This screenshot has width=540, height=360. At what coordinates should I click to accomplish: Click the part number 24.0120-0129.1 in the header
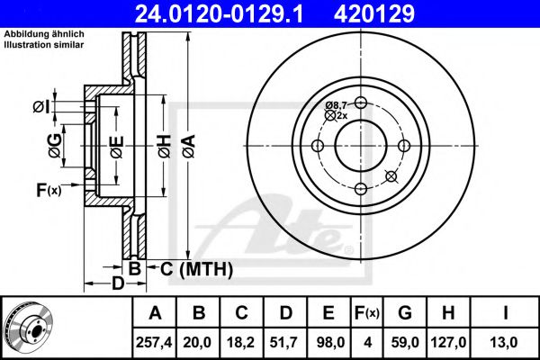pos(219,14)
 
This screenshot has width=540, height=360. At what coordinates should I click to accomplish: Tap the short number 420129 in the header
pos(374,14)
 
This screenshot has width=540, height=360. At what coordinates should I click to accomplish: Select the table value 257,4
pos(154,342)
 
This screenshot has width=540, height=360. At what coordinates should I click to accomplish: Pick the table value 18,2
pos(241,342)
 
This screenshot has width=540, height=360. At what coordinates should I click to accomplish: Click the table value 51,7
pos(284,342)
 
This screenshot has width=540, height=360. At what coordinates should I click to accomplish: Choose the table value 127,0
pos(448,342)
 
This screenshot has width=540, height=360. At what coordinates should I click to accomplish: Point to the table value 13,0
pos(505,342)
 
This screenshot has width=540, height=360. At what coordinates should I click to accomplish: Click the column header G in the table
pos(405,313)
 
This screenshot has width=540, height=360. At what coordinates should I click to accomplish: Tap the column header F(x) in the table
pos(367,313)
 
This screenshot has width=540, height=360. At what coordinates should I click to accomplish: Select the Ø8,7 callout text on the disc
pos(336,104)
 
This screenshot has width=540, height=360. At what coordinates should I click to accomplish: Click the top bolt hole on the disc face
pos(361,103)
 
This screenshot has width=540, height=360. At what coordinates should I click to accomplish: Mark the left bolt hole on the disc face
pos(317,146)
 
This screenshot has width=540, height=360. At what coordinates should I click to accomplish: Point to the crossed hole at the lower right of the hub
pos(391,176)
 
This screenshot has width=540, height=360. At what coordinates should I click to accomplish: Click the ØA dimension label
pos(189,146)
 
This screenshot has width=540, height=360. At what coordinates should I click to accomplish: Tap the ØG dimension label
pos(55,146)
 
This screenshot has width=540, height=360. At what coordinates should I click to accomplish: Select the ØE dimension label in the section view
pos(117,147)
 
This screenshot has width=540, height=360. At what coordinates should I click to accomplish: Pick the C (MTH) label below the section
pos(196,269)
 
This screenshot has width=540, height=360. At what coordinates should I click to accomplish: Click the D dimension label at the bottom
pos(118,283)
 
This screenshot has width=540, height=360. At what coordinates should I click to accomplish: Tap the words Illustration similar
pos(44,45)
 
